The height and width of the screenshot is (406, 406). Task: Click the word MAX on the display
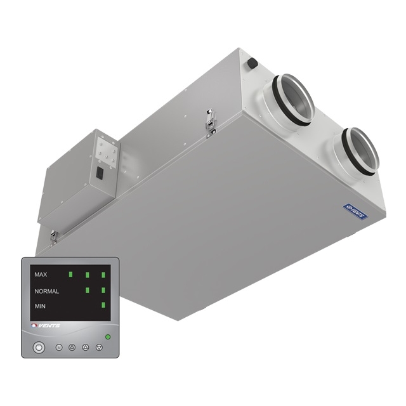coord(41,275)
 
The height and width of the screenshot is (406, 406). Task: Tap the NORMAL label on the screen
coord(46,291)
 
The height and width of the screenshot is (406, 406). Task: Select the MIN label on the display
coord(40,306)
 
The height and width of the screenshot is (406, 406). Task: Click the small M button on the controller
coord(59,347)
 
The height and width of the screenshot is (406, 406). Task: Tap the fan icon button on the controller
coord(72,347)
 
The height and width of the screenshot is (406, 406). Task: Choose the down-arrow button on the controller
coord(99,347)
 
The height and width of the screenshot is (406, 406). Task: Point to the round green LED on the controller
coord(108,337)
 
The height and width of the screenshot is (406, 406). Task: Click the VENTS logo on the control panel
coord(46,325)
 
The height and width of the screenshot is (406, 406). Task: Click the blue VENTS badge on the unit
coord(355,211)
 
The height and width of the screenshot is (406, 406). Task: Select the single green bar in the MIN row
coord(103,305)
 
